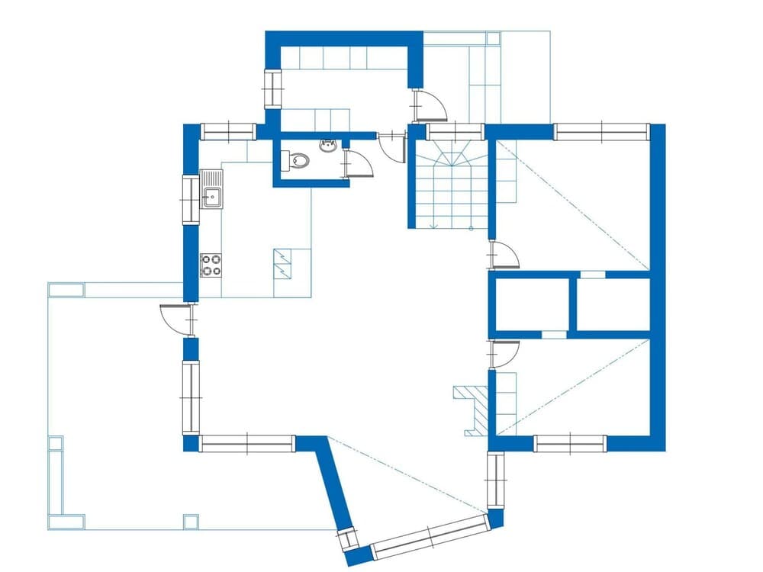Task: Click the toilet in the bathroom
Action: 297,161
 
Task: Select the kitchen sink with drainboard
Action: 211,189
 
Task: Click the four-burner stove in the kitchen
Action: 211,265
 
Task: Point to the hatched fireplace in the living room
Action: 474,409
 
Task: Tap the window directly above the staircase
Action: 455,132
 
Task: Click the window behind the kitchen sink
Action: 190,200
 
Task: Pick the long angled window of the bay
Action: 429,537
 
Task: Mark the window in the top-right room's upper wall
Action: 601,132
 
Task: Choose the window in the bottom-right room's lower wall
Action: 570,443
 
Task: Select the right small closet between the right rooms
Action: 613,304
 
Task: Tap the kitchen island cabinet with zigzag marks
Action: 283,264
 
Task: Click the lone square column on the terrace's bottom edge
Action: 191,522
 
